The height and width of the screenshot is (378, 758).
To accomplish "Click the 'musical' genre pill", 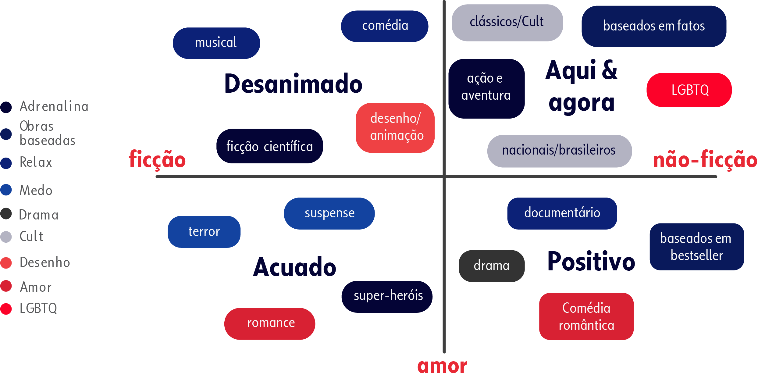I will coord(216,43).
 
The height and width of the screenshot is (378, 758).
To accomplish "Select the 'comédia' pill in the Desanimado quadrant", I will coord(385,26).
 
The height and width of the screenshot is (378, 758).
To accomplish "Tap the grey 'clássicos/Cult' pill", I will coord(507,23).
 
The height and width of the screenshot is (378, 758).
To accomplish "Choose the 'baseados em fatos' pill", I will coord(654,26).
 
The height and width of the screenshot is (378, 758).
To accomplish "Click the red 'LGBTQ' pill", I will coord(689,90).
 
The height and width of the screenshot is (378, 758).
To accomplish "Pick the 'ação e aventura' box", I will coord(486,88).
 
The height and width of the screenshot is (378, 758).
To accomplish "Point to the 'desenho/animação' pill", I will coord(395,127).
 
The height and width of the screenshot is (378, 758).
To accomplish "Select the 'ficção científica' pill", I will coord(270,146).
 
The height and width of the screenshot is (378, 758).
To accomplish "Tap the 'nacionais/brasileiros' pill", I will coord(559,151).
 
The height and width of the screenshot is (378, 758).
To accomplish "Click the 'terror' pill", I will coord(204,232).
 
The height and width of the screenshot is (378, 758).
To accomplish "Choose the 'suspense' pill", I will coord(329,213).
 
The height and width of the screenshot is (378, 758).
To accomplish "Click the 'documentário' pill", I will coord(562,213).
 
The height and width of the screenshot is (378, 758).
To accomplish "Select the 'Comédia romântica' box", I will coord(586,316).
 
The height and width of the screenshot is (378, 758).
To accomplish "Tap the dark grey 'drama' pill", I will coord(492,266).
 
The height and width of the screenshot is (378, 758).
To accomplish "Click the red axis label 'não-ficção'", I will coord(705,160).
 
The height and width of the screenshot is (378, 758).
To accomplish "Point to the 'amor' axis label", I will coord(442,366).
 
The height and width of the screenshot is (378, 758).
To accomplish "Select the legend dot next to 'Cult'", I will coord(6,237).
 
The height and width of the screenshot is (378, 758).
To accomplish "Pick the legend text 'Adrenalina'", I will coord(54,106).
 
